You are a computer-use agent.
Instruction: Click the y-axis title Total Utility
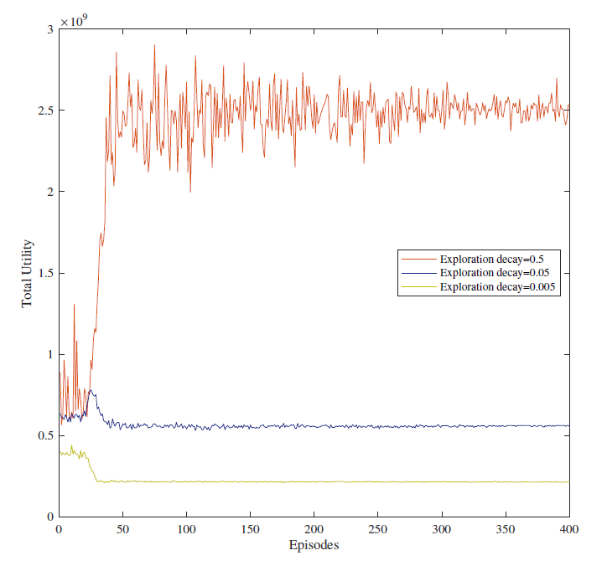28,272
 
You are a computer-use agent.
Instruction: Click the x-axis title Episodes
314,546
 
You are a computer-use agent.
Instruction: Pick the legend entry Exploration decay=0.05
490,273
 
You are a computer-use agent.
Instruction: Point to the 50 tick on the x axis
122,530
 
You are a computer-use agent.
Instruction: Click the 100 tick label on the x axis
186,530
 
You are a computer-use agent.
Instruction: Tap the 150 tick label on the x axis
250,530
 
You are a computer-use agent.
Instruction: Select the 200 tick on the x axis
314,530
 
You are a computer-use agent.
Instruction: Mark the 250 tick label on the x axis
378,530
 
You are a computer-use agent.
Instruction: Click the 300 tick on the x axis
442,530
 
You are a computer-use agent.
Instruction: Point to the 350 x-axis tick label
506,530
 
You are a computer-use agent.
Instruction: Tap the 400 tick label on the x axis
569,530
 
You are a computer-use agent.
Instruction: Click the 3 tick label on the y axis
50,29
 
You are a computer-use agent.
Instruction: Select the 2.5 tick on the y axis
45,111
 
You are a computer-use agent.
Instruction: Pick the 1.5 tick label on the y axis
45,273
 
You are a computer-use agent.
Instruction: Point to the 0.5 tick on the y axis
45,435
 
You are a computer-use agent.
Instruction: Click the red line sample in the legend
418,259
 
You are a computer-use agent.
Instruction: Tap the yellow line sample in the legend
418,286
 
